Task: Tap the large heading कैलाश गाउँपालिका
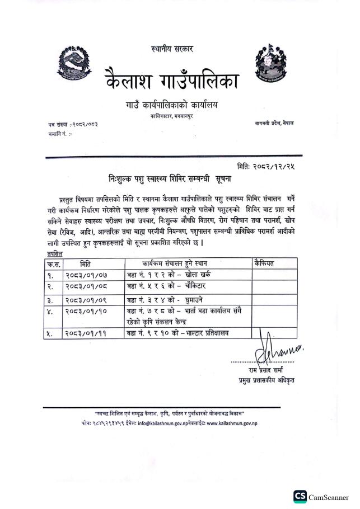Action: coord(172,82)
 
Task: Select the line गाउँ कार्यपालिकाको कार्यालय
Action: coord(171,105)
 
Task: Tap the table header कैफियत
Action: coord(265,263)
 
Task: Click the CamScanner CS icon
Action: coord(300,496)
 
